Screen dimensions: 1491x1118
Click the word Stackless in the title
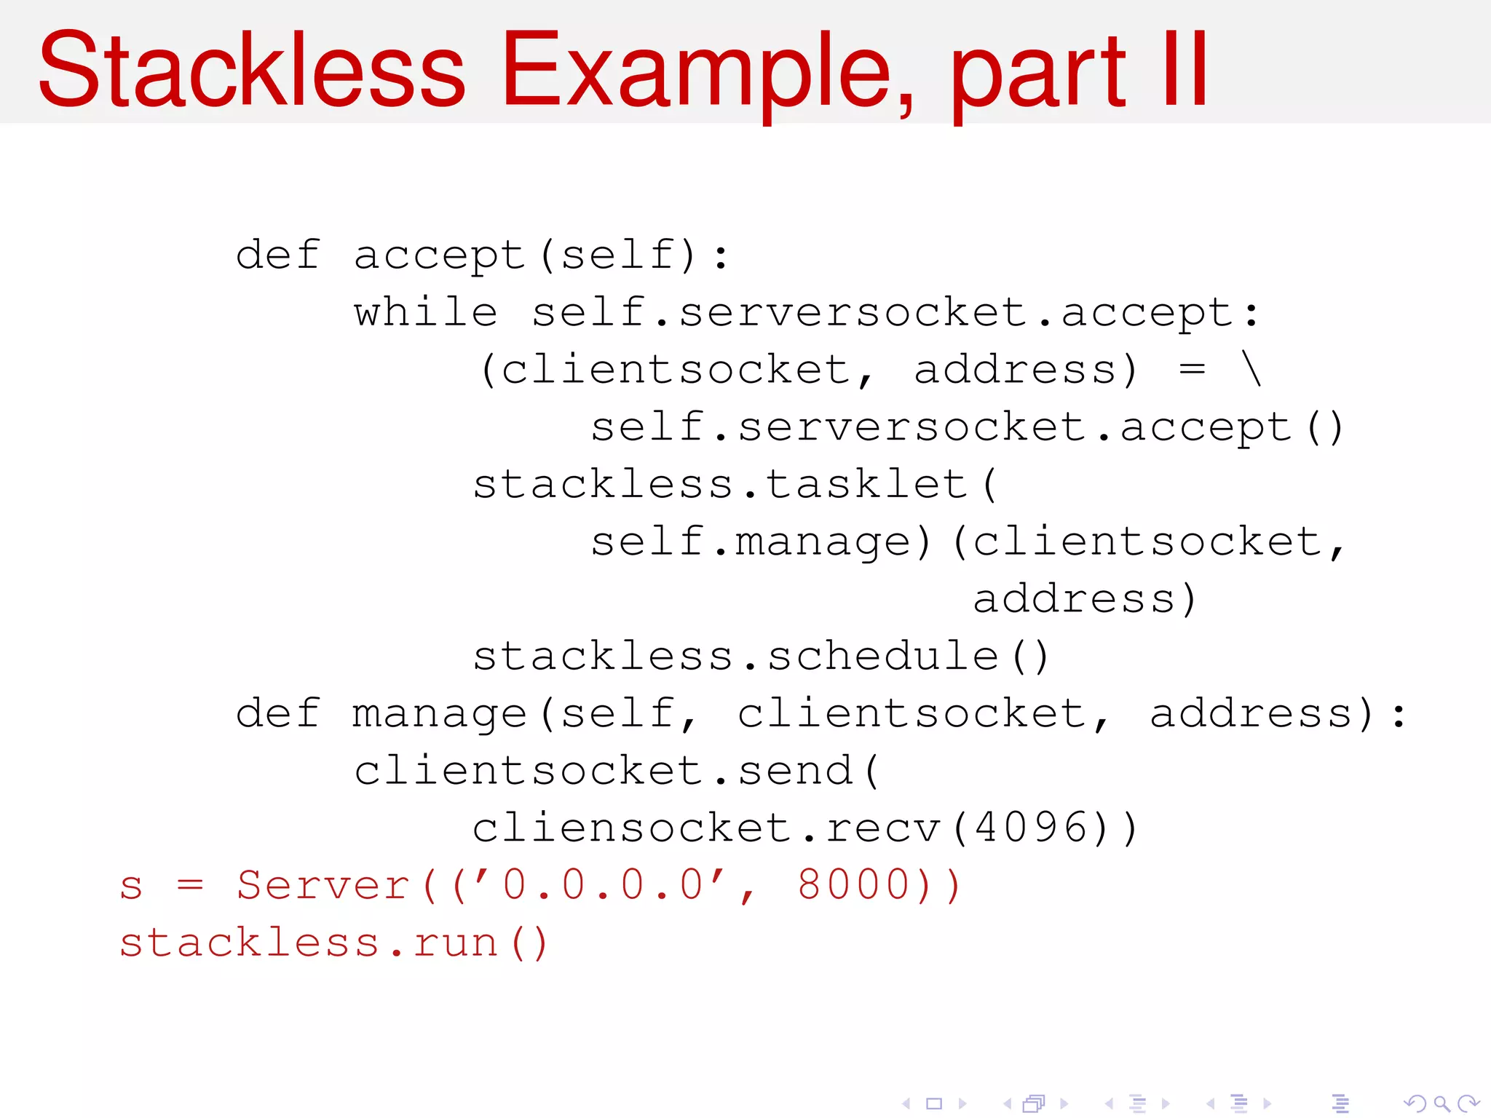point(251,71)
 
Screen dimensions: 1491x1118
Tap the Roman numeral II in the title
point(1185,71)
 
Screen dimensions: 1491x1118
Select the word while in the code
point(426,313)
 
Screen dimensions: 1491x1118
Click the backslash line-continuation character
point(1251,370)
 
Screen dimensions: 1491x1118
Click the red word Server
point(323,885)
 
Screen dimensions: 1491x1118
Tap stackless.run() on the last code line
point(333,943)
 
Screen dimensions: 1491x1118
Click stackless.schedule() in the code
point(761,656)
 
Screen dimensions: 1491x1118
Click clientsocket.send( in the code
point(617,771)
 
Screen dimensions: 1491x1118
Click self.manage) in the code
point(761,542)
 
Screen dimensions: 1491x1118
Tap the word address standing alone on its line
point(1074,599)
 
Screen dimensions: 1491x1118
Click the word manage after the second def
point(439,713)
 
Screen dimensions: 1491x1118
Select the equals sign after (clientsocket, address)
point(1192,370)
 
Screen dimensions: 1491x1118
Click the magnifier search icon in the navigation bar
point(1441,1103)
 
